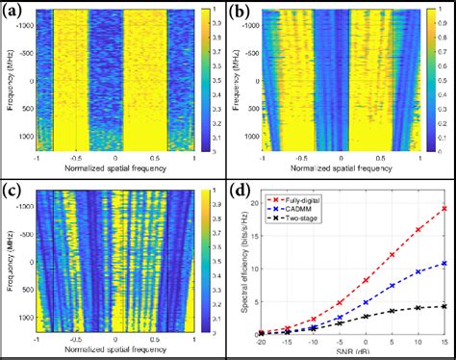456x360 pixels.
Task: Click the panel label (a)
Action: (x=17, y=13)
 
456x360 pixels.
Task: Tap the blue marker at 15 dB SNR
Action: (x=443, y=263)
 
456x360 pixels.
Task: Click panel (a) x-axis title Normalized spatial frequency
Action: (x=115, y=169)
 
